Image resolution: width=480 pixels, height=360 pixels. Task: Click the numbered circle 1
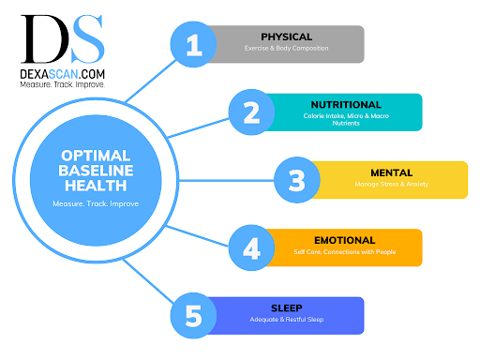coord(195,45)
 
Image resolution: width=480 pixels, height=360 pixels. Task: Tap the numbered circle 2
coord(250,112)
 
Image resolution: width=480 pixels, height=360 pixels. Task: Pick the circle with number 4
coord(251,247)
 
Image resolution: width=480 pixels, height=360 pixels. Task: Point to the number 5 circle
coord(195,316)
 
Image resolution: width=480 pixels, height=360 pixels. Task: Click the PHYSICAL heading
coord(287,37)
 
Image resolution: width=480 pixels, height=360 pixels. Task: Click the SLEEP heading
coord(287,307)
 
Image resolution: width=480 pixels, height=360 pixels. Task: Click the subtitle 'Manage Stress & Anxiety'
coord(390,186)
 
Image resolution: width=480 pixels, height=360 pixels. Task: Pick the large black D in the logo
coord(41,36)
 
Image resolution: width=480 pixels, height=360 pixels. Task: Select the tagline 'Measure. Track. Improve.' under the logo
coord(62,83)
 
